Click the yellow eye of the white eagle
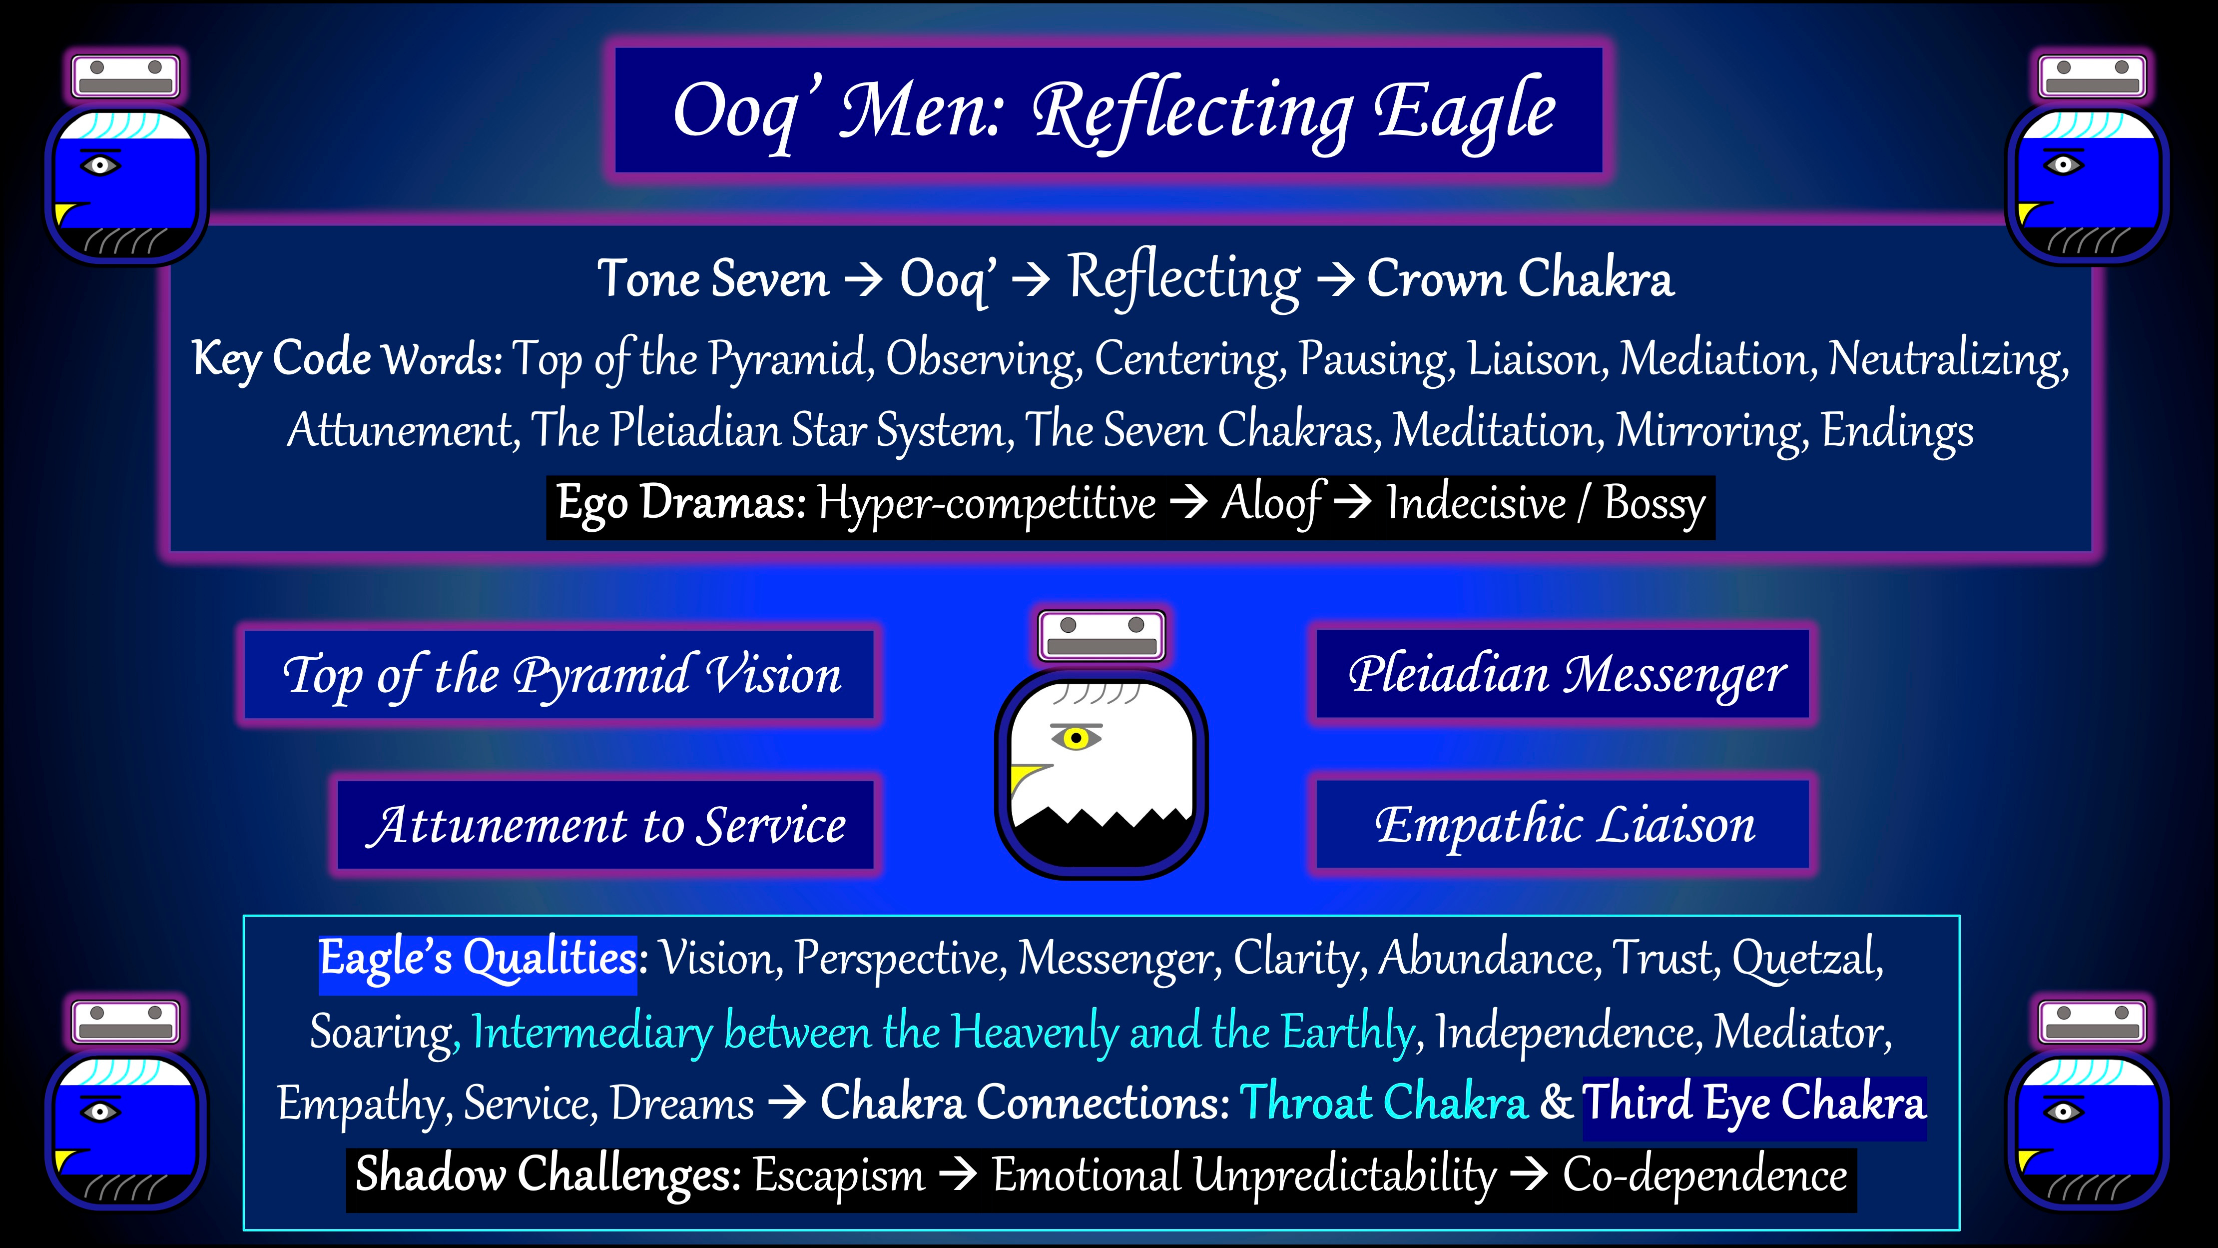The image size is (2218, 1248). tap(1076, 738)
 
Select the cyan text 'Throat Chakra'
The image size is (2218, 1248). tap(1383, 1103)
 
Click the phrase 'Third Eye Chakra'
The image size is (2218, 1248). tap(1754, 1103)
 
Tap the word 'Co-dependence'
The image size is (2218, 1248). tap(1705, 1175)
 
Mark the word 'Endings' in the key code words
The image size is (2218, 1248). tap(1897, 431)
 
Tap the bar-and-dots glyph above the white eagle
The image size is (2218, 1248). tap(1101, 636)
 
